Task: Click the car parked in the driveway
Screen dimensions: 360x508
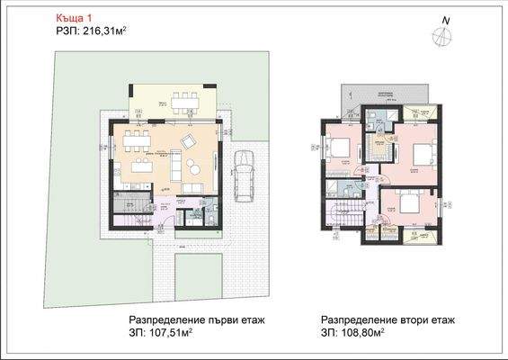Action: point(244,176)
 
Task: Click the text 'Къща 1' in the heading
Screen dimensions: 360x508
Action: point(72,15)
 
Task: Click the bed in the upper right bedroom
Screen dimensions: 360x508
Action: point(417,155)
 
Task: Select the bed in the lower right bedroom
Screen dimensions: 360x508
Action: point(406,204)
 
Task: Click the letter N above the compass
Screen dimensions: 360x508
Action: point(444,19)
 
